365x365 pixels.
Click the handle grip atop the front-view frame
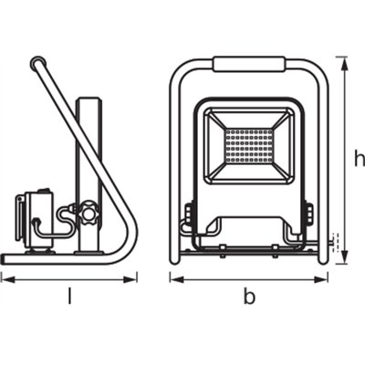249,65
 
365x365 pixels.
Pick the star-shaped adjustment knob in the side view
88,215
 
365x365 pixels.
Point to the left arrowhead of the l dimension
4,278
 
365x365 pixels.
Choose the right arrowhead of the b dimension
327,278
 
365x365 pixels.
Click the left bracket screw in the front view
189,215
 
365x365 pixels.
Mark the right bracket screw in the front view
308,215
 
